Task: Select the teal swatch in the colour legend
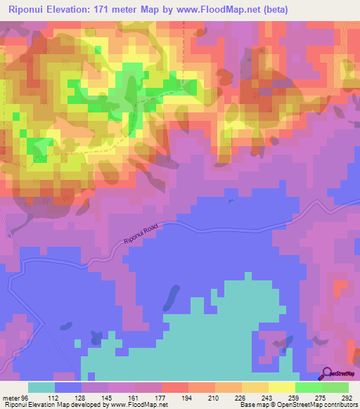pos(41,387)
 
